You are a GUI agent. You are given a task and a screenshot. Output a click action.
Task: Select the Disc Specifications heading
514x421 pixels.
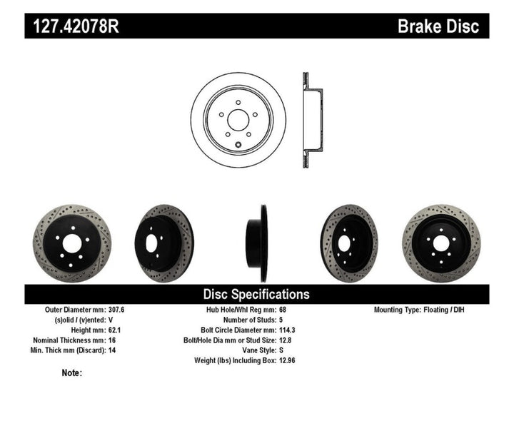[256, 294]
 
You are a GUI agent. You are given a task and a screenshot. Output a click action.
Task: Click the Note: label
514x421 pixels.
[72, 372]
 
